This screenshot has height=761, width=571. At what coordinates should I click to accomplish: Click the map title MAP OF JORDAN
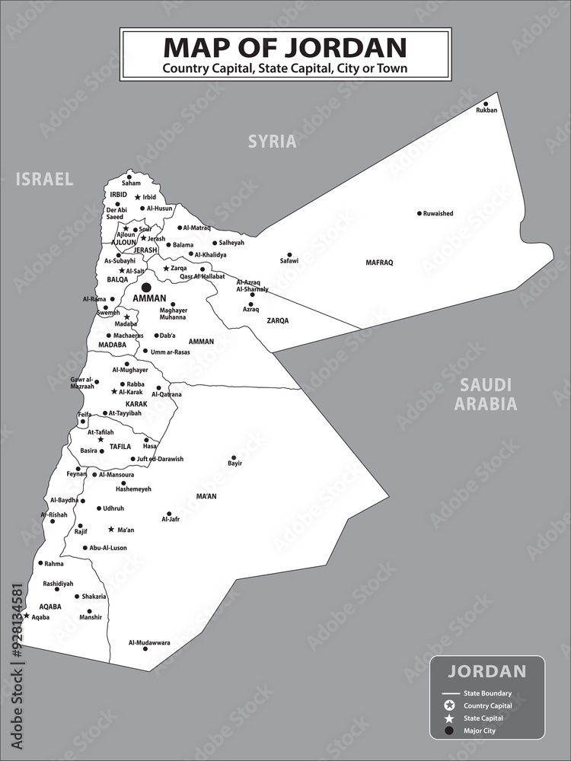coord(285,47)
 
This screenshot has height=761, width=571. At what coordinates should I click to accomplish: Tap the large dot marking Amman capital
coord(146,287)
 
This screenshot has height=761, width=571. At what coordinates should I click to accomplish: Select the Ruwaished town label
coord(439,214)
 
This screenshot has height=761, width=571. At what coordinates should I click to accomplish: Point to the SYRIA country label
coord(272,142)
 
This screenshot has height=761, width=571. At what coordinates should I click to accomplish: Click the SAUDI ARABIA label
coord(485,394)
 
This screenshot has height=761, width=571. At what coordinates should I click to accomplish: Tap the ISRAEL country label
coord(45,180)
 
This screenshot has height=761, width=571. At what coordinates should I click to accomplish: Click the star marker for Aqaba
coord(27,616)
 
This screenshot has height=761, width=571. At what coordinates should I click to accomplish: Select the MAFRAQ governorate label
coord(379,263)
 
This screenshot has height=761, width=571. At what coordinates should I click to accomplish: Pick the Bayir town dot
coord(235,456)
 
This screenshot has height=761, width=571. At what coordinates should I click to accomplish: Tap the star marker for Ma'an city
coord(111,529)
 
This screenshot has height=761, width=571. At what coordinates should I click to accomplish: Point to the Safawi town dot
coord(289,255)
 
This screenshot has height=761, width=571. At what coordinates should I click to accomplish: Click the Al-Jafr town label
coord(171,520)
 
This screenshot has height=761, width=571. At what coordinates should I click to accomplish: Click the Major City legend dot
coord(449,731)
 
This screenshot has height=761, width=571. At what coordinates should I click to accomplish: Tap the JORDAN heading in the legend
coord(486,671)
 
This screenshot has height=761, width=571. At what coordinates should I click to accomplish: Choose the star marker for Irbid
coord(138,197)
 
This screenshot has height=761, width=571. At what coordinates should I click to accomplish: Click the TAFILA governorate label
coord(120,447)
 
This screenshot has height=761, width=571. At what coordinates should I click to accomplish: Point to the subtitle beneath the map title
coord(285,68)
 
